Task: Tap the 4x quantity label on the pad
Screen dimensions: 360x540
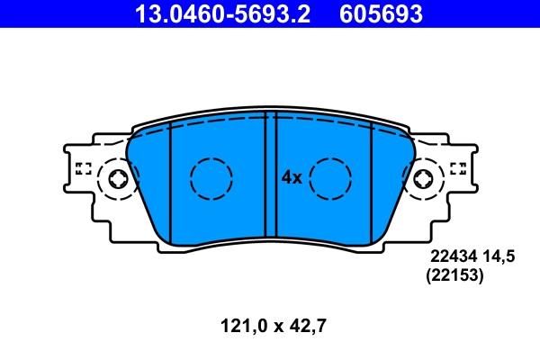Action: pos(291,178)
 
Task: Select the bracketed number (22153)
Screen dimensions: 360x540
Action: pos(454,277)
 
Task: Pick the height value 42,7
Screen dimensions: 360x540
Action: pos(307,326)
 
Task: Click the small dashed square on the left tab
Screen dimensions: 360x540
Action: pos(84,167)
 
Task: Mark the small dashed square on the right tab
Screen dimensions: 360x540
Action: pos(457,167)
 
